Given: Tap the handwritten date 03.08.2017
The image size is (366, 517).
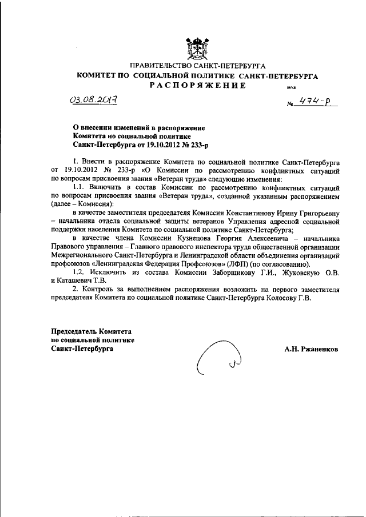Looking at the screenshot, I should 93,101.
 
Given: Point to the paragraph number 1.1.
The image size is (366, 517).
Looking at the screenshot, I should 79,187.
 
